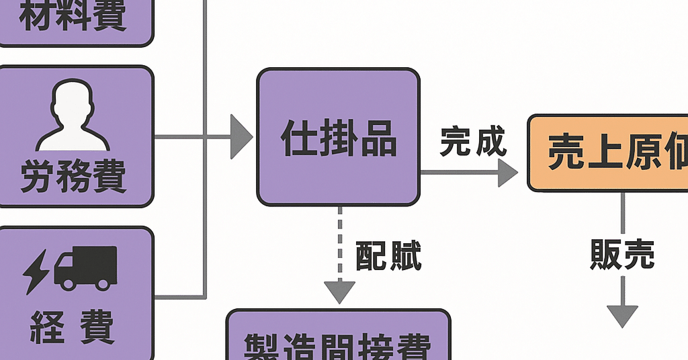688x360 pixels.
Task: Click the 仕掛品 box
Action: pyautogui.click(x=338, y=137)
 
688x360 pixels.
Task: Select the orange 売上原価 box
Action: pyautogui.click(x=609, y=153)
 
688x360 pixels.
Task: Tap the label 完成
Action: pyautogui.click(x=472, y=142)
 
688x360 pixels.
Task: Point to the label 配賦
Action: pyautogui.click(x=388, y=257)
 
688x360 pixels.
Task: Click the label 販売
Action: pyautogui.click(x=622, y=255)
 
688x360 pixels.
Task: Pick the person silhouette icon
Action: pyautogui.click(x=73, y=116)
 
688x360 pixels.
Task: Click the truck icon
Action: pyautogui.click(x=85, y=267)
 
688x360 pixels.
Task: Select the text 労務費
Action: pyautogui.click(x=73, y=176)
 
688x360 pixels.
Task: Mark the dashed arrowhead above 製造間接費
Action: pyautogui.click(x=339, y=291)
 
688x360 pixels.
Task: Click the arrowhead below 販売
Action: pyautogui.click(x=622, y=315)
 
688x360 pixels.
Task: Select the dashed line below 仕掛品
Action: pyautogui.click(x=339, y=242)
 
